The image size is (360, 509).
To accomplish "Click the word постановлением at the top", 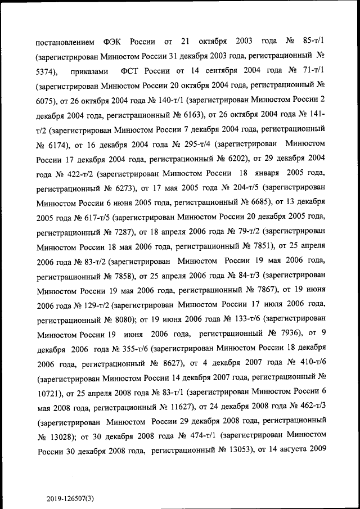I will (65, 42).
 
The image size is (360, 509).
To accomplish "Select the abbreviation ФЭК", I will (114, 42).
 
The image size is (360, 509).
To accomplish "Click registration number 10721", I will (48, 391).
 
